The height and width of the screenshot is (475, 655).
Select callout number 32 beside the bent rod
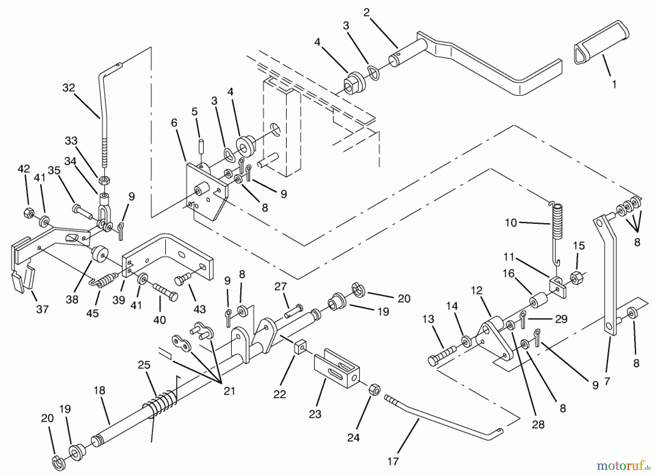point(68,88)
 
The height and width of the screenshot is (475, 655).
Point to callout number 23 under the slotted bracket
point(315,413)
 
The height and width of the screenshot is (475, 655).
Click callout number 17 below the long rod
point(393,461)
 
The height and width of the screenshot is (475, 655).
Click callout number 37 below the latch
point(42,309)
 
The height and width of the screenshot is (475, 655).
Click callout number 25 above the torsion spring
point(144,365)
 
